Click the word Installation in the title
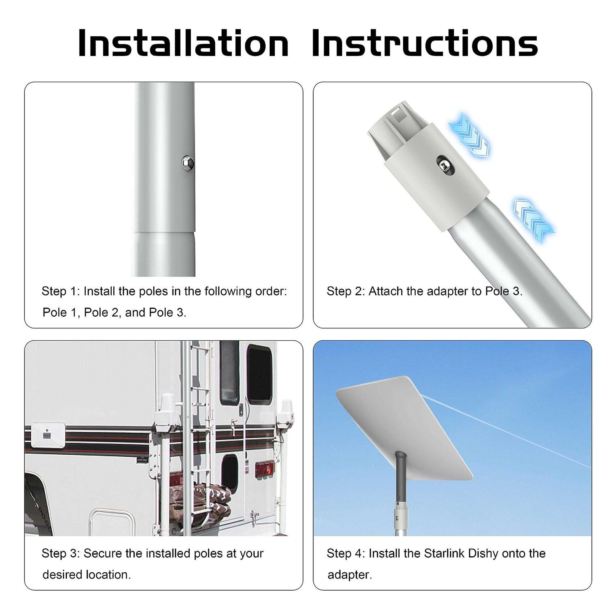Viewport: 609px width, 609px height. pyautogui.click(x=183, y=42)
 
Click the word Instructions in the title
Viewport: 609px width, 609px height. pyautogui.click(x=425, y=42)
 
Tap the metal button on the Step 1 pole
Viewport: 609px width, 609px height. pyautogui.click(x=188, y=163)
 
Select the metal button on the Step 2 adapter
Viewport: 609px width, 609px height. pyautogui.click(x=444, y=165)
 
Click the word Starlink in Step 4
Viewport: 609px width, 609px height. pyautogui.click(x=444, y=553)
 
